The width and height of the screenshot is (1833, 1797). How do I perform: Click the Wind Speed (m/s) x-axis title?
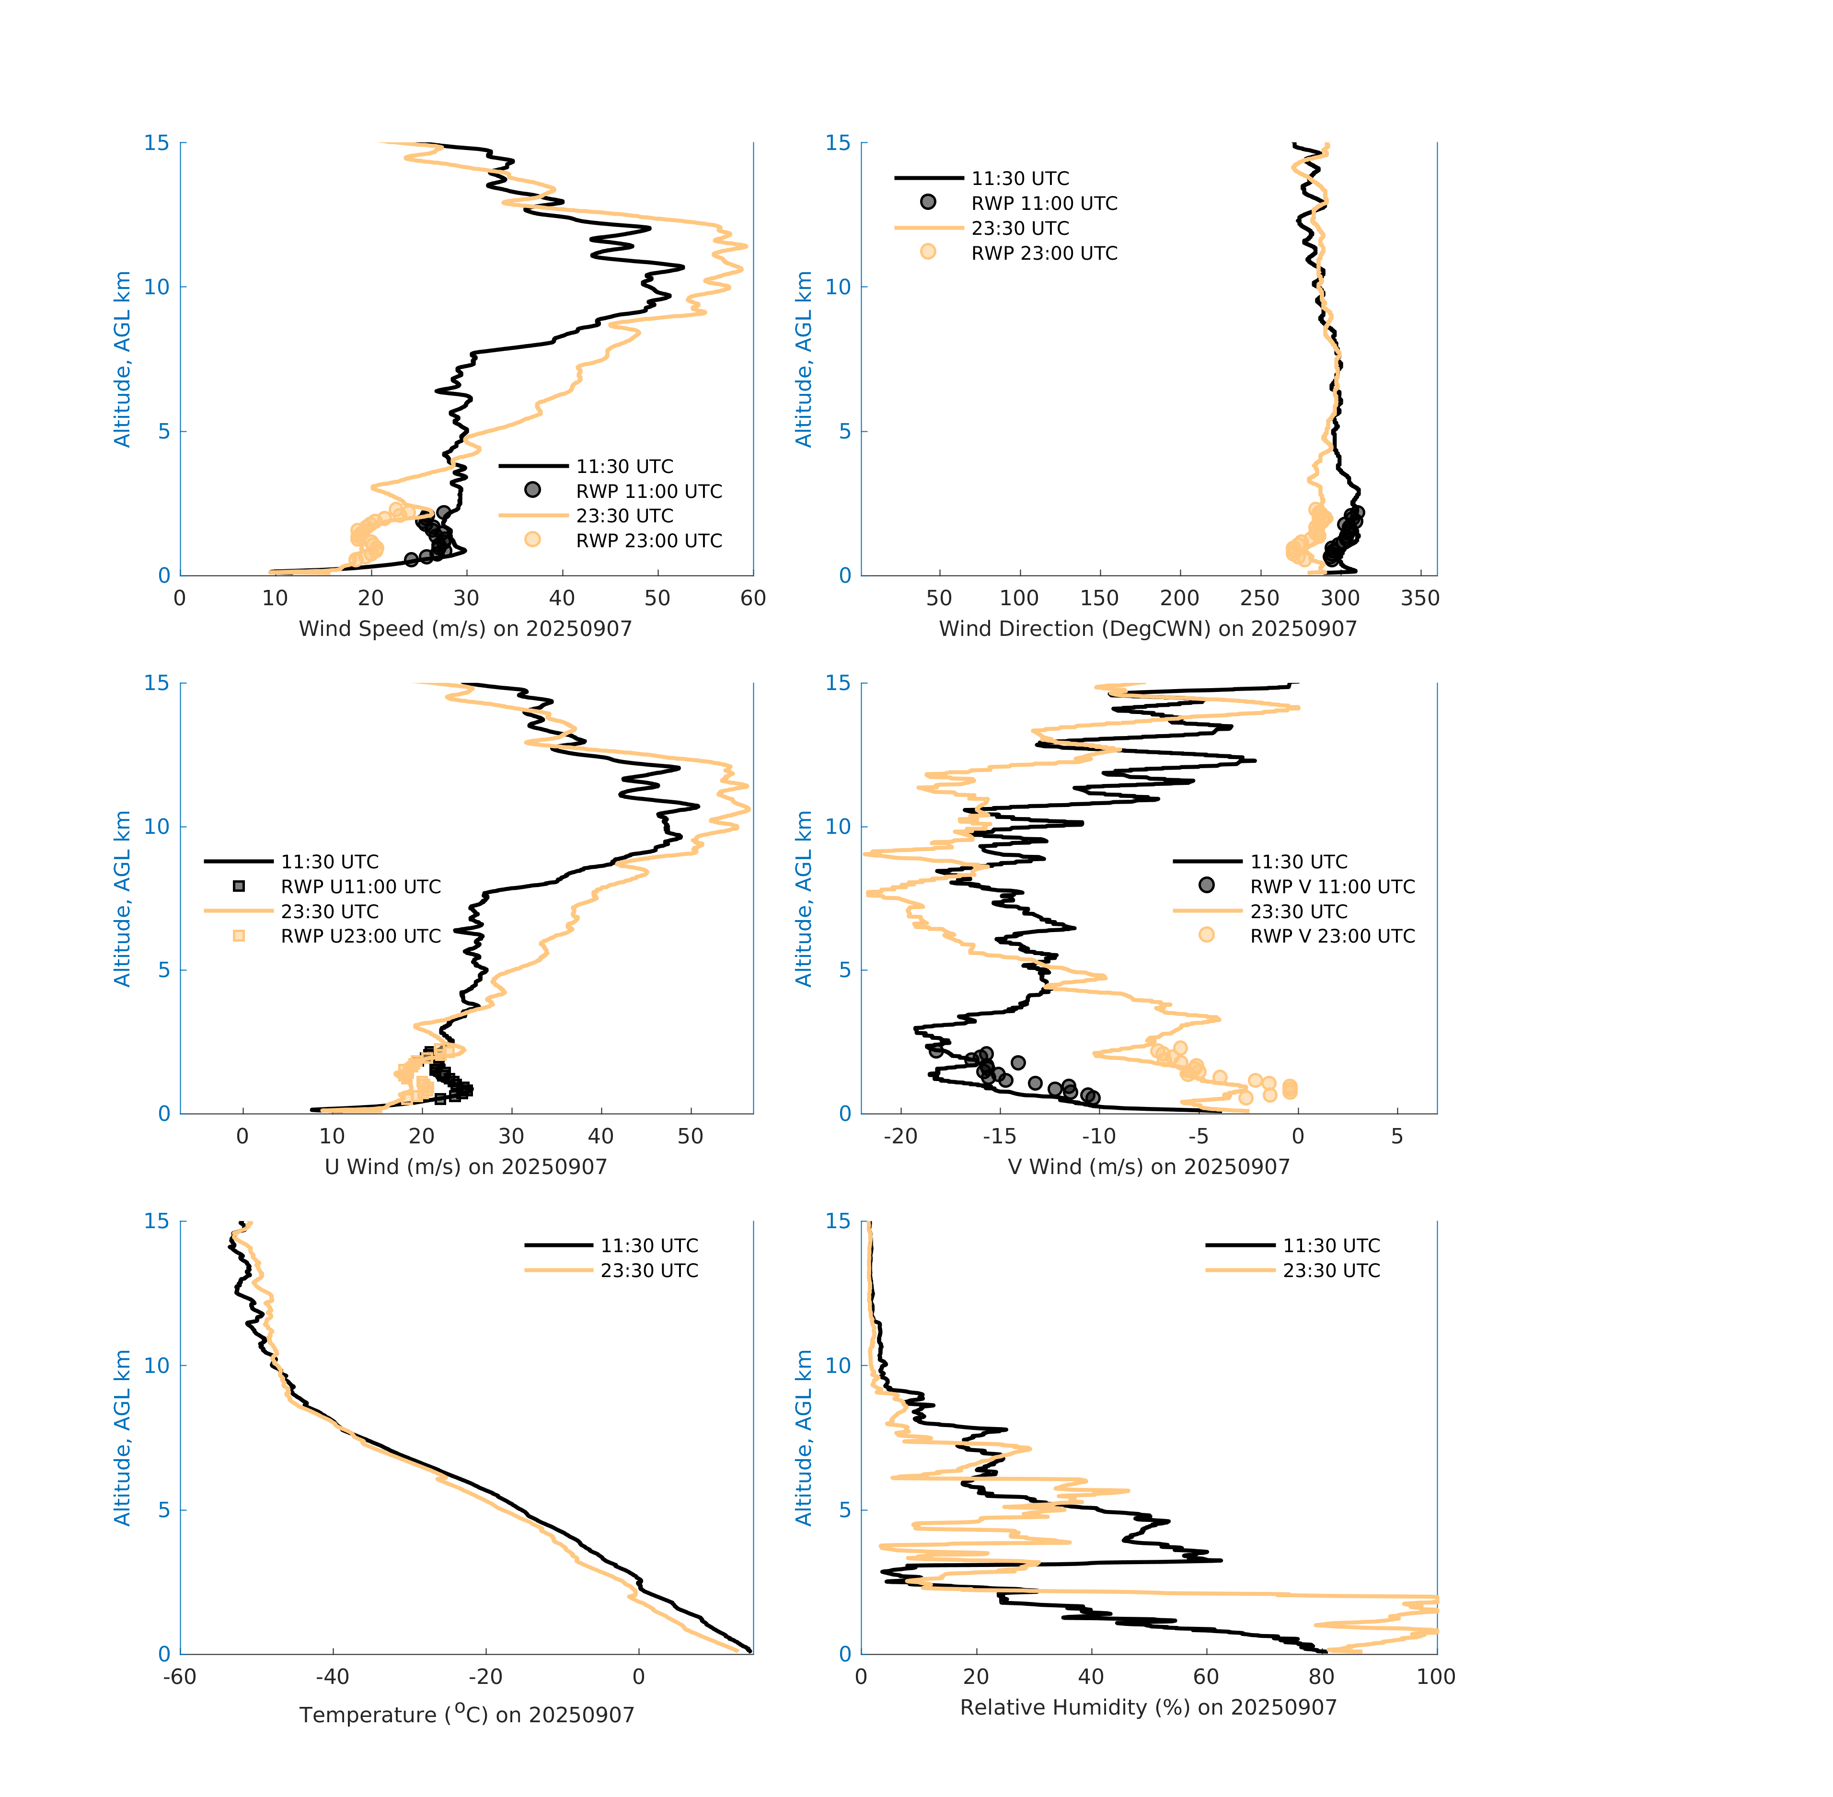465,629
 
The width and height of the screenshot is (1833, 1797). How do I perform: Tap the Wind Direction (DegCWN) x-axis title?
1148,629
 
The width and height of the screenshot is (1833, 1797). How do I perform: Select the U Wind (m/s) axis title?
465,1166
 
